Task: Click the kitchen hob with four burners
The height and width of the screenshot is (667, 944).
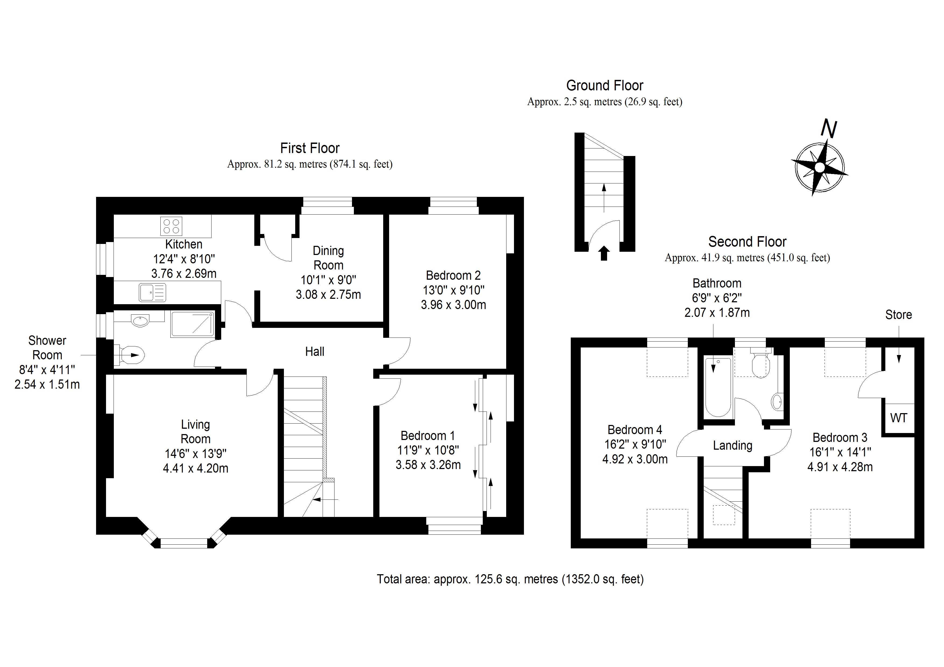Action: coord(171,226)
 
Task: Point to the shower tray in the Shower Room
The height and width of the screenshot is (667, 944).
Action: coord(192,324)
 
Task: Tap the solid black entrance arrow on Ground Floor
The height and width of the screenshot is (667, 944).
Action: coord(604,253)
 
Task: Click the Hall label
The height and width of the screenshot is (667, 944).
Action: coord(315,351)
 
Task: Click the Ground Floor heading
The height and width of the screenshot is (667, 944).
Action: coord(604,86)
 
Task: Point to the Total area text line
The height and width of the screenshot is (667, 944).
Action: coord(510,579)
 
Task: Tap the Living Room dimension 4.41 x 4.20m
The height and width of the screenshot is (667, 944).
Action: coord(195,468)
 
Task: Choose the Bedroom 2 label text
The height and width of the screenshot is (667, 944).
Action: coord(453,275)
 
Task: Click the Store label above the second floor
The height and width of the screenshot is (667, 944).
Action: coord(898,315)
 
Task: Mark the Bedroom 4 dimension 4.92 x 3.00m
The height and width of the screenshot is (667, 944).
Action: coord(635,459)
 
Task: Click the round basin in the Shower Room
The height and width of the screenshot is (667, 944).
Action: coord(141,321)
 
